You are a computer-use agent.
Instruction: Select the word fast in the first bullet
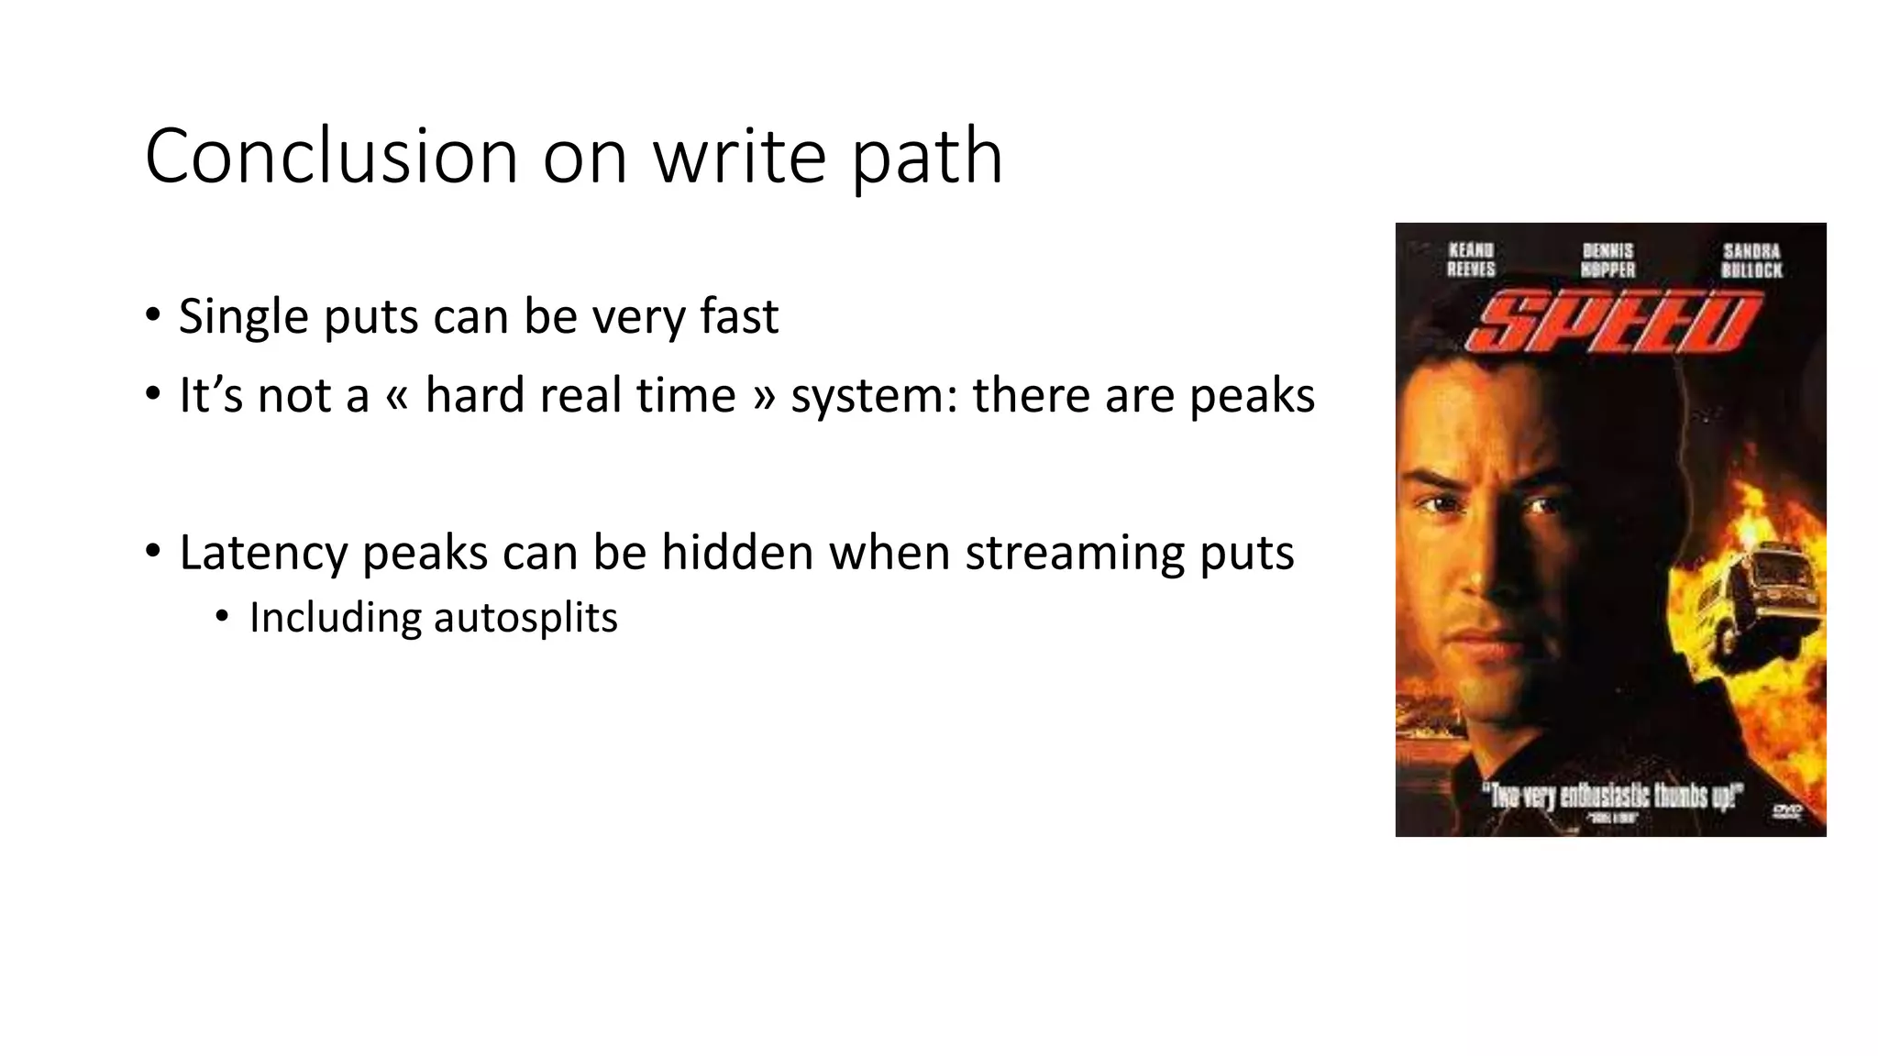point(739,316)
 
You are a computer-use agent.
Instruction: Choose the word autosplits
point(525,618)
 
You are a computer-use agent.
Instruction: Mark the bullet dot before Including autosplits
point(221,617)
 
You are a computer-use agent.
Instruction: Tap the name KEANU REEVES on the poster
point(1471,259)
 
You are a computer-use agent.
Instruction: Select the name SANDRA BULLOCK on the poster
point(1751,260)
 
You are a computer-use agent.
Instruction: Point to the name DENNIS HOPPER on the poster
point(1608,259)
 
